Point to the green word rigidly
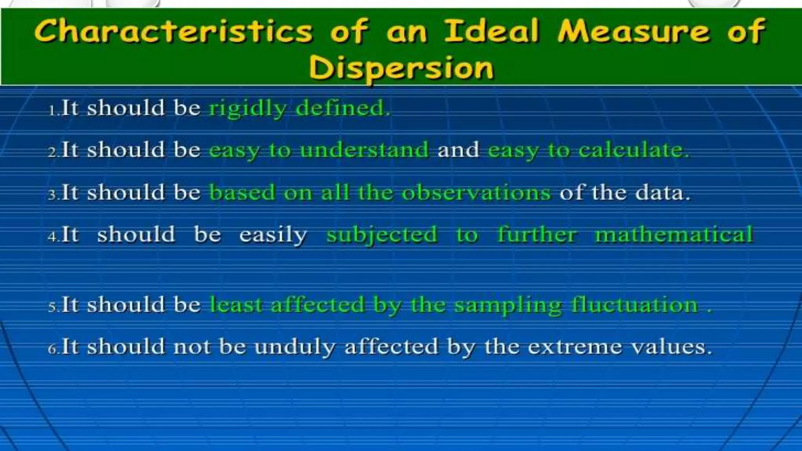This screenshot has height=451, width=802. coord(247,109)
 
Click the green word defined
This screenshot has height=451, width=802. coord(343,108)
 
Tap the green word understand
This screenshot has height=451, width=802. coord(364,150)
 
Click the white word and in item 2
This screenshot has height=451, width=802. coord(458,150)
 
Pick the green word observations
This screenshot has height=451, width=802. coord(476,193)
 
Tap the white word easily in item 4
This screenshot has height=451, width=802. coord(273,235)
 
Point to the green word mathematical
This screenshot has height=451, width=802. coord(674,235)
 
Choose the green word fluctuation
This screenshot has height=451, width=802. coord(634,305)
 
